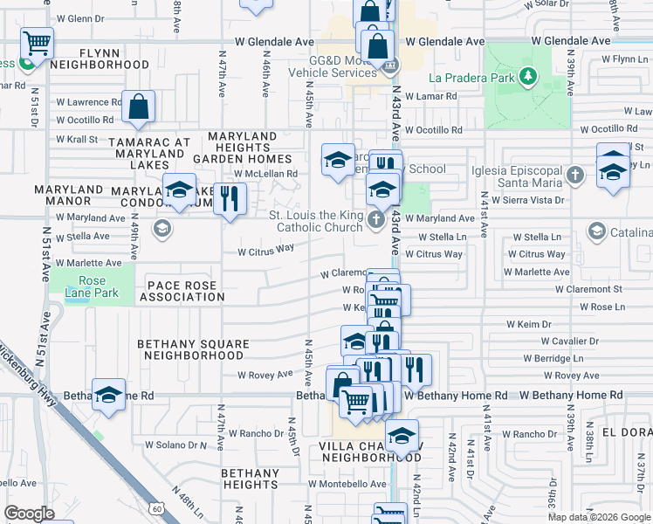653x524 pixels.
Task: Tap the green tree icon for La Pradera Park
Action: [x=527, y=77]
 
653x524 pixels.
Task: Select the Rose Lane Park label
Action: [x=92, y=287]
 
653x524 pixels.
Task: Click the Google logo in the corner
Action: [x=29, y=514]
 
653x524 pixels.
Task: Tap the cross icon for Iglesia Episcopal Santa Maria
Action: [x=574, y=176]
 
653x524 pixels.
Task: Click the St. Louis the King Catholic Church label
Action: [x=315, y=222]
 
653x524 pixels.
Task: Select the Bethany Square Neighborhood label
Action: [x=190, y=350]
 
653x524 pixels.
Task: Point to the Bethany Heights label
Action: [x=250, y=479]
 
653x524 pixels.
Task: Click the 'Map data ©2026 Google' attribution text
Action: [x=598, y=516]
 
